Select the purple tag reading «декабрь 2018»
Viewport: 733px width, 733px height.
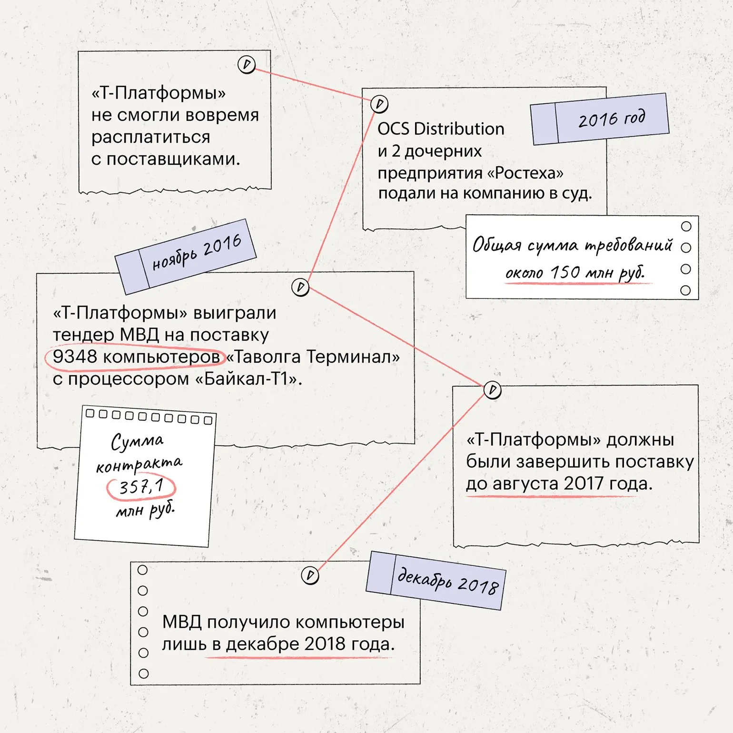[x=435, y=581]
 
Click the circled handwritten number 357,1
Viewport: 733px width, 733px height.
[x=141, y=487]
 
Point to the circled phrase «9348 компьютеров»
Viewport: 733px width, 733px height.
[x=135, y=357]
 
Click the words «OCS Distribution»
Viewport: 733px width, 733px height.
[x=441, y=129]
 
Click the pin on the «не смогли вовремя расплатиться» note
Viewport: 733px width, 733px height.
[x=247, y=64]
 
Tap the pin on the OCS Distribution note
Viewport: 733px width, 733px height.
[x=379, y=104]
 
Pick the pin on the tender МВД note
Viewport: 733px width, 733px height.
[x=300, y=287]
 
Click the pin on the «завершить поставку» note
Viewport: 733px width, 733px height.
[x=493, y=390]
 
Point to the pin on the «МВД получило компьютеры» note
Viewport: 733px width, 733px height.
[x=310, y=575]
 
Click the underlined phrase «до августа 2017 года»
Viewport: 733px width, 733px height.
[x=559, y=484]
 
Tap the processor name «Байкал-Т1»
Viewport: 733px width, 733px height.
[x=248, y=379]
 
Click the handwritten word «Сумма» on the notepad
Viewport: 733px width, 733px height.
[x=137, y=441]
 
